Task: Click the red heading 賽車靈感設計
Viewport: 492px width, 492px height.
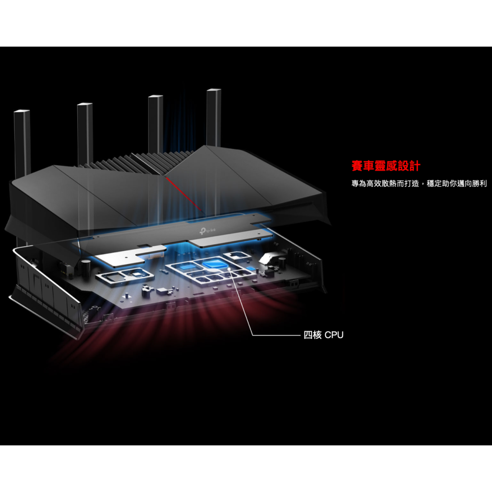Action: tap(386, 166)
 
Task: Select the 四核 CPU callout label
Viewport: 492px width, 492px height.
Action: tap(323, 336)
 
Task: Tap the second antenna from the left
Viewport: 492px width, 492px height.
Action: tap(85, 133)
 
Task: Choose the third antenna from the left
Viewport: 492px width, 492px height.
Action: tap(155, 125)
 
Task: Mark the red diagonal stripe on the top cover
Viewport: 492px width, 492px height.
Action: tap(183, 193)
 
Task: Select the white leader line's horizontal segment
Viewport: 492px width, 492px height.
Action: tap(276, 336)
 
